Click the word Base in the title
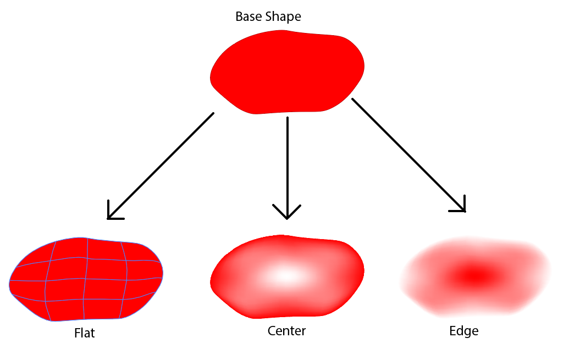click(248, 16)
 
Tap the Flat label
click(84, 333)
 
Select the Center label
click(286, 331)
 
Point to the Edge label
click(463, 331)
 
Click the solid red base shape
click(287, 71)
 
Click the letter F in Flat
click(76, 333)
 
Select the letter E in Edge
click(452, 331)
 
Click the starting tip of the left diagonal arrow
click(213, 114)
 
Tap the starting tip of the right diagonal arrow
click(352, 99)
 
